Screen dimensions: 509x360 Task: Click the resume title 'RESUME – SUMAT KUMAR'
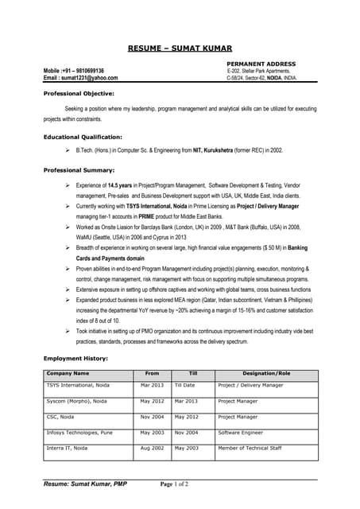pyautogui.click(x=180, y=48)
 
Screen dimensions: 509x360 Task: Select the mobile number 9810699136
pyautogui.click(x=84, y=71)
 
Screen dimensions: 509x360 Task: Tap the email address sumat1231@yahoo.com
pyautogui.click(x=91, y=78)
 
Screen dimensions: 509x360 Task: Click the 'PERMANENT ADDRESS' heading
pyautogui.click(x=261, y=64)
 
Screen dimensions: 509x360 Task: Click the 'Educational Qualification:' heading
pyautogui.click(x=82, y=137)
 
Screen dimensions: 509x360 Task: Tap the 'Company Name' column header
pyautogui.click(x=68, y=373)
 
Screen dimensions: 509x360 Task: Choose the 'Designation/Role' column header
pyautogui.click(x=266, y=373)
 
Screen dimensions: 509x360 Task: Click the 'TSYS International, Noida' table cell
pyautogui.click(x=78, y=385)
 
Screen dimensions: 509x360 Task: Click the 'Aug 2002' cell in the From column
pyautogui.click(x=152, y=449)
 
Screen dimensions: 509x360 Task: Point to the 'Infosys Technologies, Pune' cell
pyautogui.click(x=79, y=433)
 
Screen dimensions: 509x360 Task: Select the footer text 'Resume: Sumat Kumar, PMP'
pyautogui.click(x=85, y=484)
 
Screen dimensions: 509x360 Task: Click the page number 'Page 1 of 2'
pyautogui.click(x=175, y=484)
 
